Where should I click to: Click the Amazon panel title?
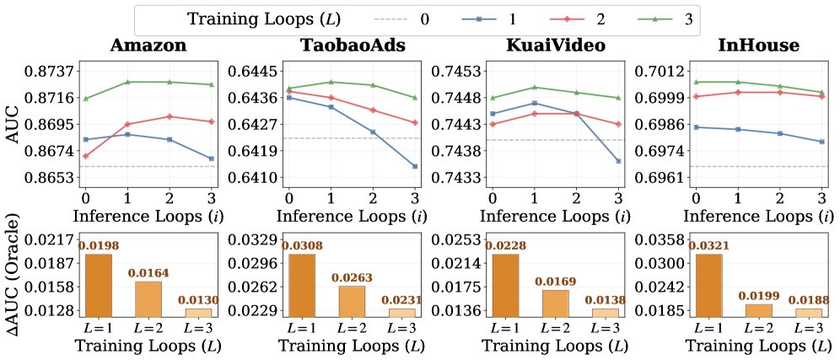coord(148,46)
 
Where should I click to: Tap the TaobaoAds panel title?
coord(352,46)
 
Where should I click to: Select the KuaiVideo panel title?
coord(557,46)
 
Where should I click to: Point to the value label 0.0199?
coord(759,296)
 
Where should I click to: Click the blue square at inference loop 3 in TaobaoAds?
coord(415,166)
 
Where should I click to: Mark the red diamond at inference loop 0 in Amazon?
coord(85,156)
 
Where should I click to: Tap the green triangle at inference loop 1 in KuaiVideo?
coord(535,88)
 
